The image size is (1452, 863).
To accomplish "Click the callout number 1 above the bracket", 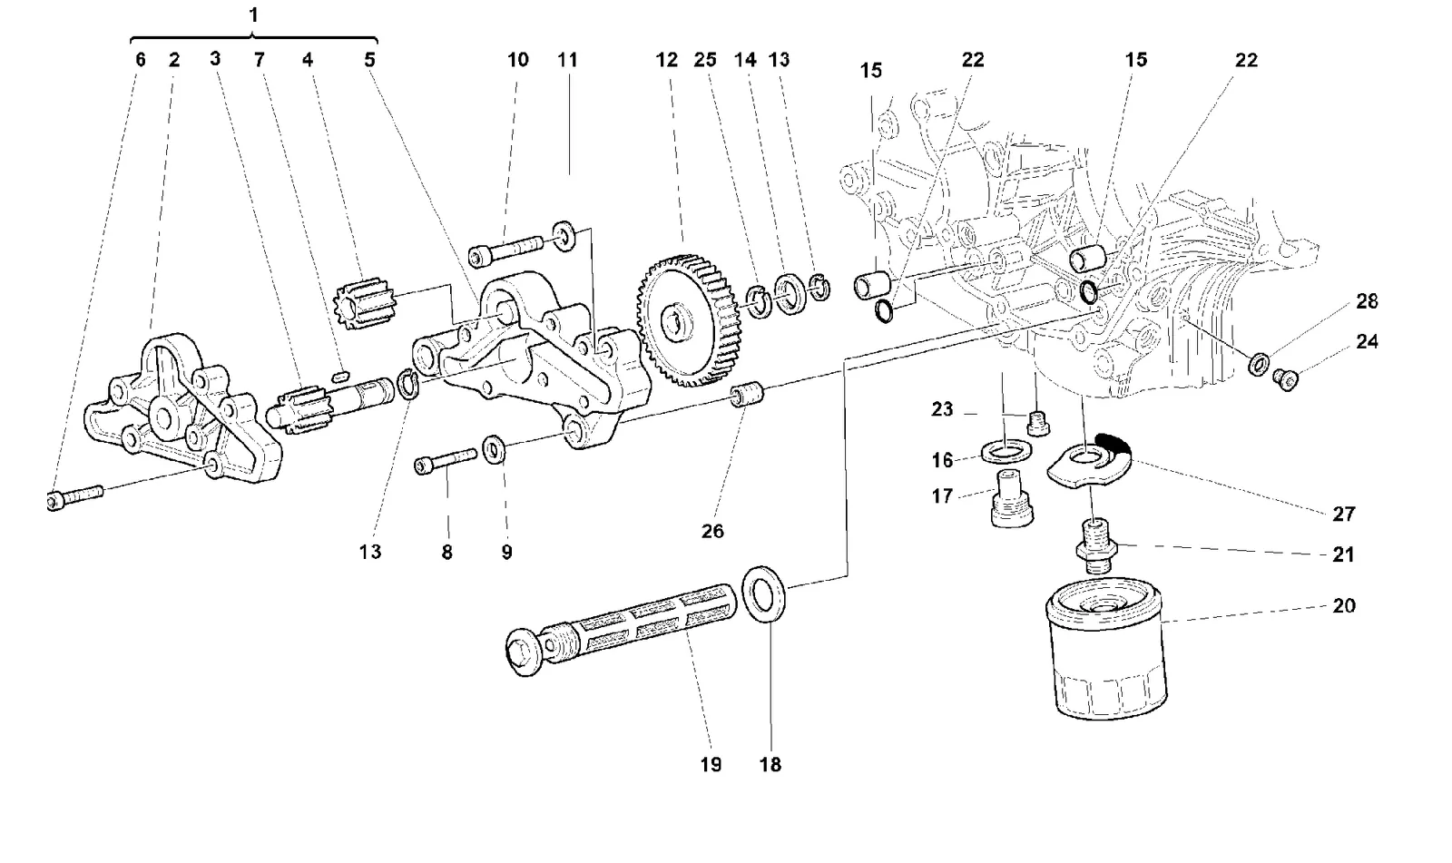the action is coord(253,15).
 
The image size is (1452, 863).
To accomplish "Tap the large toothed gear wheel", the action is coord(688,320).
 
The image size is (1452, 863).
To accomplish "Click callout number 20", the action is coord(1344,605).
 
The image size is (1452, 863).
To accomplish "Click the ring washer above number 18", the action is coord(763,593).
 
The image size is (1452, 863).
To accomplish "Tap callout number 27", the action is coord(1344,515).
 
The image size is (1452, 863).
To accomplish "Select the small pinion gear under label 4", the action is coord(364,304).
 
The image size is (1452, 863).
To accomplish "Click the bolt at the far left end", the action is coord(74,497).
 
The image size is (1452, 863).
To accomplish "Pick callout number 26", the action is coord(712,532).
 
